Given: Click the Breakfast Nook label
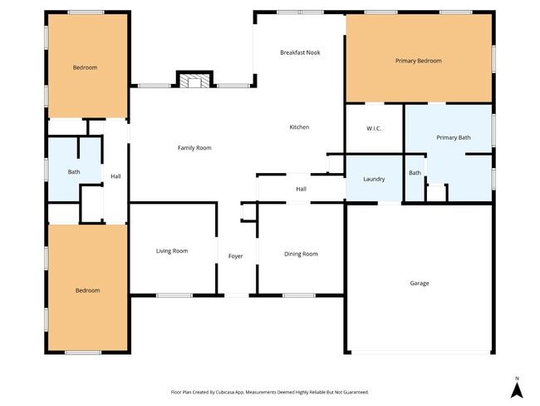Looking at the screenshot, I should [300, 52].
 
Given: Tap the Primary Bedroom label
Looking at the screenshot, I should [418, 61].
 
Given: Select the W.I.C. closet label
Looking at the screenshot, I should [374, 129].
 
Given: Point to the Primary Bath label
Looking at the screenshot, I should [453, 137].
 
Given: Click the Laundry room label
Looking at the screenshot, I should [374, 179].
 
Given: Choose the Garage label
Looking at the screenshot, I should [419, 283].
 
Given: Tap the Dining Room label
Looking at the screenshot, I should [301, 254].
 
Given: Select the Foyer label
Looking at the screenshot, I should [236, 256].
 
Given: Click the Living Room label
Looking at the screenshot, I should [172, 250].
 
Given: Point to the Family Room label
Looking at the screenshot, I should [194, 148].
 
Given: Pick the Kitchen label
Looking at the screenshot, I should [299, 127].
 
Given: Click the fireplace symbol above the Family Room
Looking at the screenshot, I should [194, 81].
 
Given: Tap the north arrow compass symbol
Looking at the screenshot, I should [516, 389].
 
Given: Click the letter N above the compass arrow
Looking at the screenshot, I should [516, 377].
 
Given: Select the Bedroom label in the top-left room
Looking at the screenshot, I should [85, 67].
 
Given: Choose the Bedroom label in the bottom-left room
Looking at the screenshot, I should [87, 290].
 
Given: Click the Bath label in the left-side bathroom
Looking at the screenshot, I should [74, 172].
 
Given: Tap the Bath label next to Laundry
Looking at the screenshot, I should [415, 173].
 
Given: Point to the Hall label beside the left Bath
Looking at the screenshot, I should [115, 176].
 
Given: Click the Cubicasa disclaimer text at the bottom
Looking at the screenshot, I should [269, 392].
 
